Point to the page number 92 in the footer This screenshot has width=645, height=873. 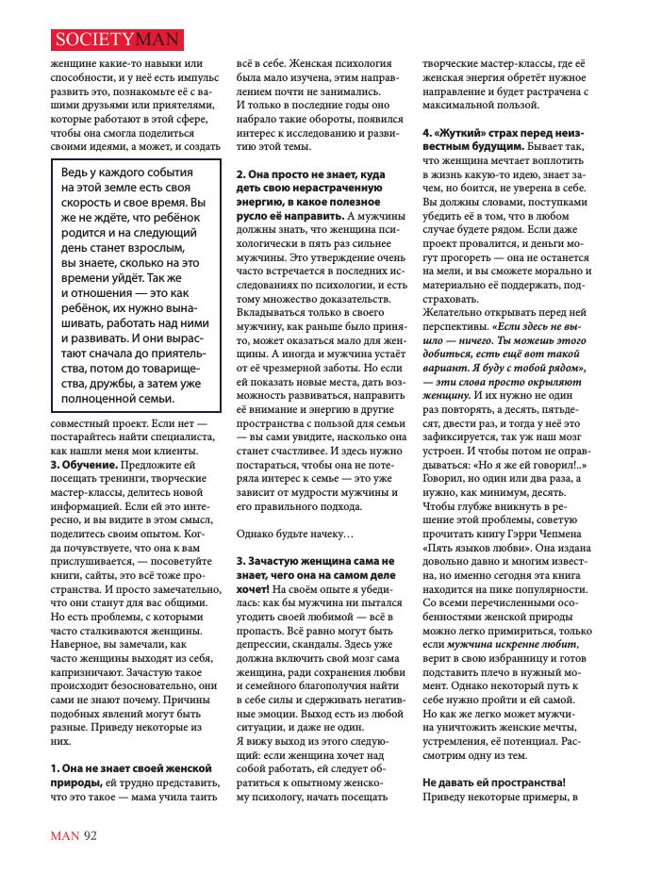pyautogui.click(x=91, y=834)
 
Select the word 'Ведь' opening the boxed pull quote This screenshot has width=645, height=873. pyautogui.click(x=79, y=174)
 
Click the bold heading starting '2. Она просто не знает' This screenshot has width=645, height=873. pyautogui.click(x=310, y=174)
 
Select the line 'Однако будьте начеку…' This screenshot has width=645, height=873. pyautogui.click(x=295, y=535)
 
